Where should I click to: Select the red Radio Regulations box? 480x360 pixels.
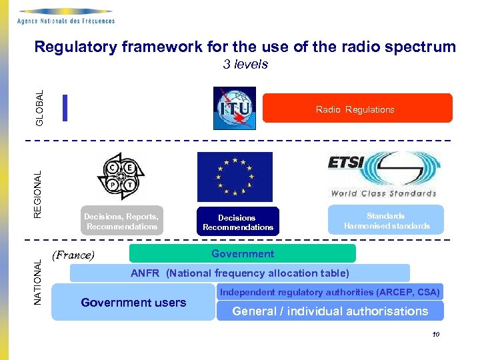[357, 109]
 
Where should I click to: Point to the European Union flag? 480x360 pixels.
[235, 177]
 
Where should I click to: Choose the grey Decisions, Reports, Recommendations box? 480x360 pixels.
[121, 221]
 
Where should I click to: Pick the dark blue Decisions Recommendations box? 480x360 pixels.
[238, 222]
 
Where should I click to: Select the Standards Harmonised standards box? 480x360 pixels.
[386, 220]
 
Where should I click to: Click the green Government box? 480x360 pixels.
[243, 254]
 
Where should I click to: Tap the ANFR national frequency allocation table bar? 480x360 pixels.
[240, 273]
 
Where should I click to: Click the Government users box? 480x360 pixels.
[133, 303]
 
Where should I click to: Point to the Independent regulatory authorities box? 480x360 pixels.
[330, 292]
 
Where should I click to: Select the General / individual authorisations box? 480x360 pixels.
[330, 311]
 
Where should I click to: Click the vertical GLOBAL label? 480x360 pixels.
[40, 107]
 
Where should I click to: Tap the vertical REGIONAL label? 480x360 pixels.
[38, 193]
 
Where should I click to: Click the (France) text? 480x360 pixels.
[73, 255]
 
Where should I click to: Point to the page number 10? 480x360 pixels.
[435, 335]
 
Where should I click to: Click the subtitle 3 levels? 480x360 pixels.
[245, 65]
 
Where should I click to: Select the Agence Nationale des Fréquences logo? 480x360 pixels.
[66, 15]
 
